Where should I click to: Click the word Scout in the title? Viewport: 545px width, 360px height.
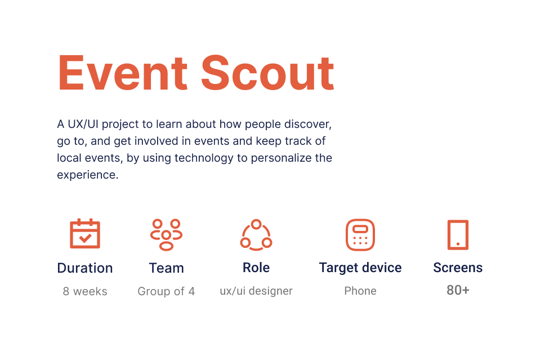coord(267,73)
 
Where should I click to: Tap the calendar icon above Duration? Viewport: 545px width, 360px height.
coord(85,233)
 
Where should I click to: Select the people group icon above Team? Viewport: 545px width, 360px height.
coord(166,235)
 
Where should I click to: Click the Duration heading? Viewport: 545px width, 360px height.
coord(85,268)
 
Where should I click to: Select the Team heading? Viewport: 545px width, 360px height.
coord(167,268)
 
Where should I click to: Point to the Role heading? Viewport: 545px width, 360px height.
coord(256,268)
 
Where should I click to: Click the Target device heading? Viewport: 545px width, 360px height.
coord(360,268)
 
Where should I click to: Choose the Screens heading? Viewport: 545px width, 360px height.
coord(458,268)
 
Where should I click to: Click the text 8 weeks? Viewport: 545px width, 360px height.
coord(85,291)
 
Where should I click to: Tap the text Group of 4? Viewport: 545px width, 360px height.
coord(166,291)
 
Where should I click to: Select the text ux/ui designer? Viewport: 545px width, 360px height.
coord(256,291)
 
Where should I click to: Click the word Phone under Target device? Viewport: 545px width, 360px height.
coord(360,291)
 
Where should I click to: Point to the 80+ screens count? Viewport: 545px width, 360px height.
coord(458,290)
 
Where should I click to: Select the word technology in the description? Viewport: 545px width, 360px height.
coord(204,158)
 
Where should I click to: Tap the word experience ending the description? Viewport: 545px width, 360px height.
coord(88,175)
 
